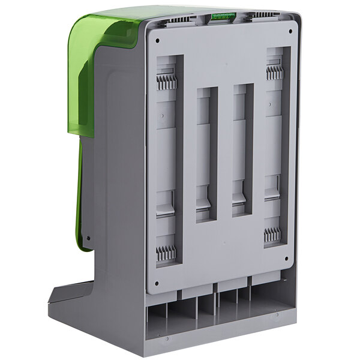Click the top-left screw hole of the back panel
click(x=157, y=41)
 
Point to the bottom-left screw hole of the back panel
click(x=157, y=283)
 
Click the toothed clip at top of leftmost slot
click(x=167, y=82)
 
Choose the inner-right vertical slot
click(x=242, y=150)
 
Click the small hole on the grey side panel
click(x=88, y=238)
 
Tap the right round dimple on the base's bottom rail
click(x=278, y=316)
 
